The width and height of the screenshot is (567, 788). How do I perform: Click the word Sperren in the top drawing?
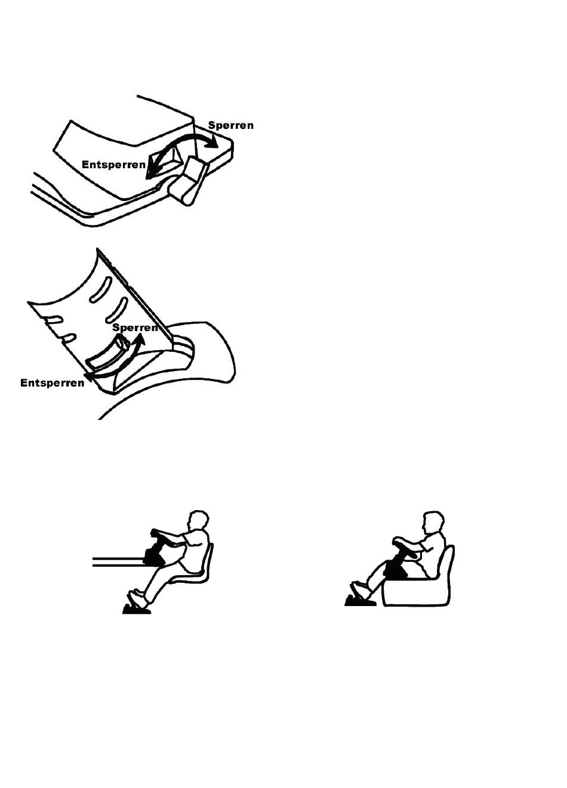coord(230,125)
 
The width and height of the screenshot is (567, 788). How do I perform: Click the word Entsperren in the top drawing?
coord(113,164)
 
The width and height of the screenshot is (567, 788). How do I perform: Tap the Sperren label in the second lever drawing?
coord(135,327)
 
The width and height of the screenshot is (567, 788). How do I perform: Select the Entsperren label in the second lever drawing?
coord(52,383)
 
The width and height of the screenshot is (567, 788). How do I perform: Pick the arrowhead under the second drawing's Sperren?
coord(140,339)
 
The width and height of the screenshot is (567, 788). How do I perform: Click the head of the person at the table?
coord(199,521)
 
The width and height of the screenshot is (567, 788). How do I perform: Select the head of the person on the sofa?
coord(433,522)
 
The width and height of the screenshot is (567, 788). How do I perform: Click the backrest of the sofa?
coord(448,566)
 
